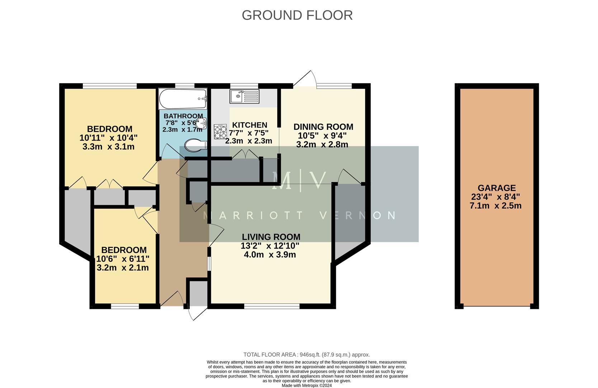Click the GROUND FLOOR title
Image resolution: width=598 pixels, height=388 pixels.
click(x=297, y=15)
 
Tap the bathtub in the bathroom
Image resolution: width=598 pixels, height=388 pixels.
click(x=183, y=99)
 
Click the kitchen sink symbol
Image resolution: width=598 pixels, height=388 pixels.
click(x=244, y=96)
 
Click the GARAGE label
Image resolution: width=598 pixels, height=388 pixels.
click(x=496, y=188)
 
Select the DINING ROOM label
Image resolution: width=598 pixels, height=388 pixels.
click(x=323, y=127)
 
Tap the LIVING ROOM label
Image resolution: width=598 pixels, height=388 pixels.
click(x=271, y=237)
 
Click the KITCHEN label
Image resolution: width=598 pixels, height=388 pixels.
click(x=250, y=125)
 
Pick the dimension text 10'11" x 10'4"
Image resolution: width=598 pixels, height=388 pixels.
click(x=108, y=138)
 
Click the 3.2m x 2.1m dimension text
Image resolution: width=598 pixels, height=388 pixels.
click(x=123, y=268)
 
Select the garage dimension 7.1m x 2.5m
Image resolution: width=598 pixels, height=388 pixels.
click(x=495, y=206)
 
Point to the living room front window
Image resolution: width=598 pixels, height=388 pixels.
click(x=272, y=306)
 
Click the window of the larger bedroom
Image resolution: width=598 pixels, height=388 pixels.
click(x=110, y=86)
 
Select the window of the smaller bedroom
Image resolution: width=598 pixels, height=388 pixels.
click(x=125, y=306)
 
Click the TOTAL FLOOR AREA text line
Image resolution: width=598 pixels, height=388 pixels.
click(x=306, y=355)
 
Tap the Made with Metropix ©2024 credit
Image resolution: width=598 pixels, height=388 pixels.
click(x=306, y=385)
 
